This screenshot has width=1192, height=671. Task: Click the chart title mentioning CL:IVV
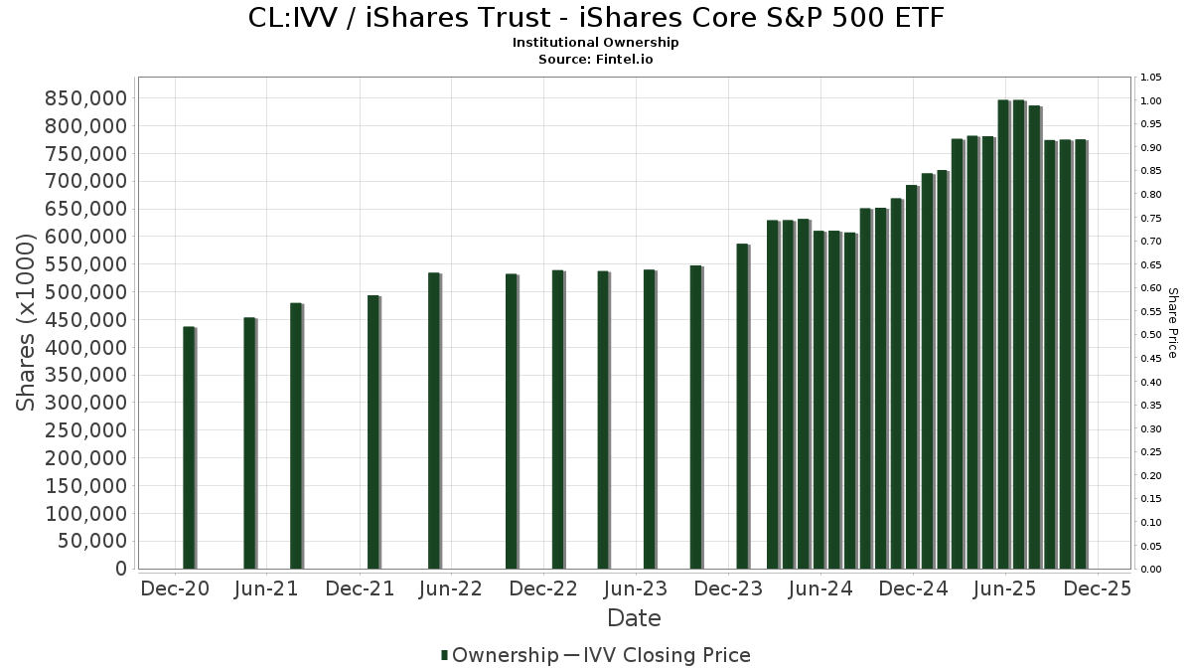point(595,18)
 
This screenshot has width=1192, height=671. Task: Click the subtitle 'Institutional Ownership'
point(595,43)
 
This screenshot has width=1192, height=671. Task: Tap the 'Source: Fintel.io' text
point(595,60)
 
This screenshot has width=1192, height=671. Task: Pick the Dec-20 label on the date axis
point(174,588)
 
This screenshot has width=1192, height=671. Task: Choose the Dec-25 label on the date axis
point(1097,588)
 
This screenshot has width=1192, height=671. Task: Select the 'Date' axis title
point(634,618)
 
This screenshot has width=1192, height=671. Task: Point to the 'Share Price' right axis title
point(1172,322)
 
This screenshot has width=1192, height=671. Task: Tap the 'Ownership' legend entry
point(505,655)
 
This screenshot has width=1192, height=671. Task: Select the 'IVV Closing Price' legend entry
point(666,655)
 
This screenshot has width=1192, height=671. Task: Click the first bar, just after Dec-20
point(189,447)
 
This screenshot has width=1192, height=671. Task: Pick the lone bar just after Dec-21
point(373,432)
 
